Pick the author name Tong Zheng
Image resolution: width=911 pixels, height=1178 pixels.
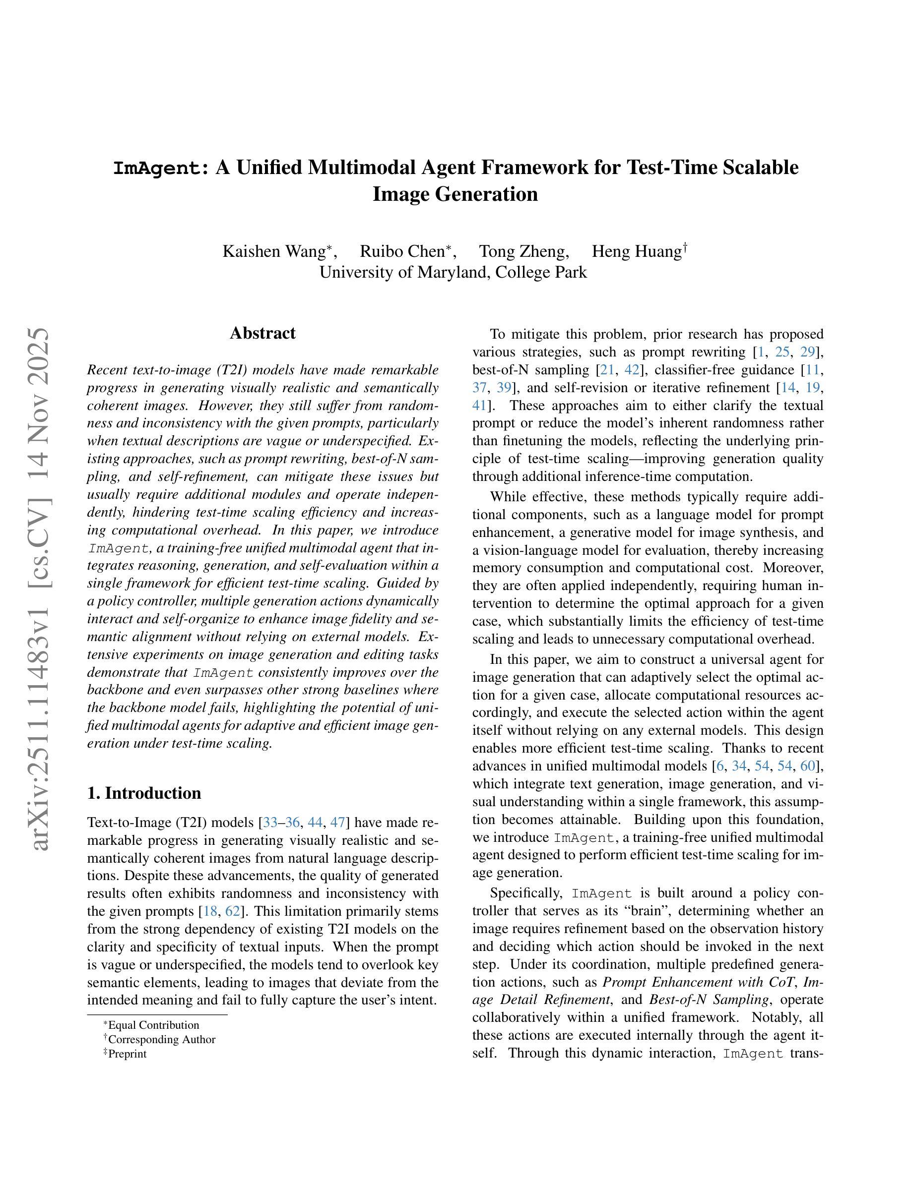[x=522, y=251]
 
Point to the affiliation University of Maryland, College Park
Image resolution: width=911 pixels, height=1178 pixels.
[x=453, y=272]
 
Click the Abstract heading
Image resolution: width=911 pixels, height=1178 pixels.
[x=262, y=333]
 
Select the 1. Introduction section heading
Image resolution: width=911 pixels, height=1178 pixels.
[x=143, y=793]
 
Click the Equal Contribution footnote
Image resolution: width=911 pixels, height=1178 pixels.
[x=153, y=1025]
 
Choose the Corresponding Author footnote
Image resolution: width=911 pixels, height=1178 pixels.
[x=161, y=1039]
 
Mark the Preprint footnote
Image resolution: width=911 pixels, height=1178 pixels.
[x=127, y=1054]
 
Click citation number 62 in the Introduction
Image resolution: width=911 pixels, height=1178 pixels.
[x=233, y=911]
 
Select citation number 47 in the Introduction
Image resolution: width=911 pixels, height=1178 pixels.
[x=337, y=823]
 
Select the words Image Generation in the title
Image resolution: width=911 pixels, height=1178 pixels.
[x=455, y=194]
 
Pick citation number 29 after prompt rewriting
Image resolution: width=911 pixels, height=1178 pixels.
[x=807, y=352]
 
